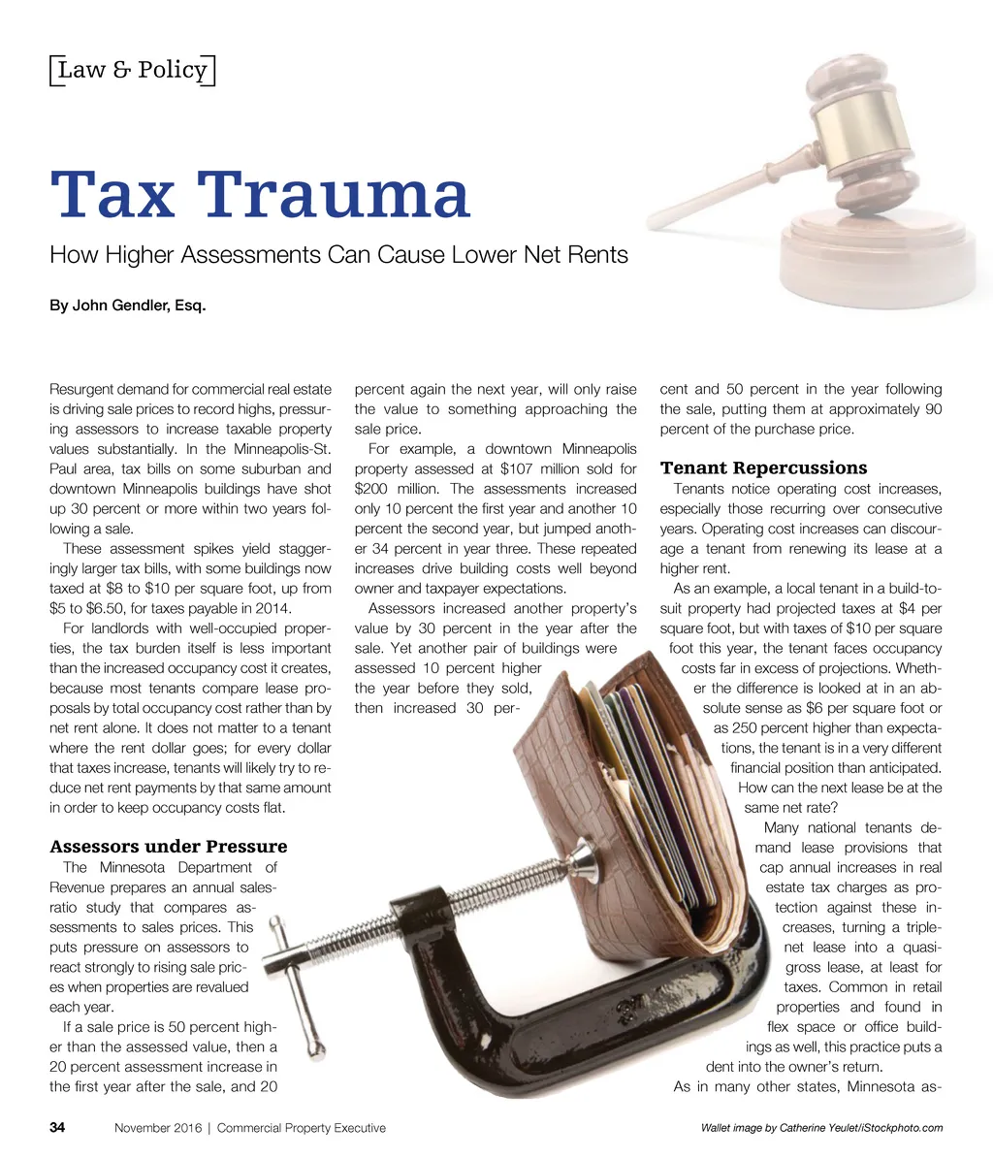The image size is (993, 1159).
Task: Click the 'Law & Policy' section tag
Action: point(132,70)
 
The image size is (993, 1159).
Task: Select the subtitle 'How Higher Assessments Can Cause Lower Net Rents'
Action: point(338,255)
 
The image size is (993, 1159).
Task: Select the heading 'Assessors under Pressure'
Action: point(168,847)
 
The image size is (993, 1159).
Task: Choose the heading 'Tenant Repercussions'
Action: point(763,468)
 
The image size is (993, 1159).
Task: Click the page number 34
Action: point(57,1128)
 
